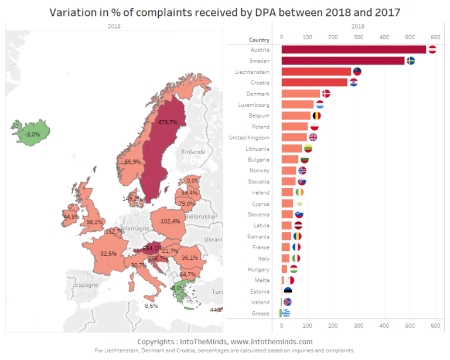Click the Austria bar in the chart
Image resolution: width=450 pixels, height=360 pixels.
click(354, 50)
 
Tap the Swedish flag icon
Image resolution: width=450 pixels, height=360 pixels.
click(411, 60)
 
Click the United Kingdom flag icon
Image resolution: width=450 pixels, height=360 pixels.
click(313, 137)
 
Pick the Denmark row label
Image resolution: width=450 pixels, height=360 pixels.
click(258, 94)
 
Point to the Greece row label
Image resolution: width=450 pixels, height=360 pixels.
click(260, 313)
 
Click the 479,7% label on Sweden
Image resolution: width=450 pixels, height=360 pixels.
click(168, 122)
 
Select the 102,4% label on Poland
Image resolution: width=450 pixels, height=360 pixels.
click(170, 221)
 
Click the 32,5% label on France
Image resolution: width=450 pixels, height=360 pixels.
click(108, 254)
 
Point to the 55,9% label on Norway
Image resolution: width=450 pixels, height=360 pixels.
click(132, 162)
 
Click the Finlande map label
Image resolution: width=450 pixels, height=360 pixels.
click(193, 151)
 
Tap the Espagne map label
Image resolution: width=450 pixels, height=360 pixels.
click(86, 284)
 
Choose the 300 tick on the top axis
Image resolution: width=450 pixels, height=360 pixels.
click(358, 36)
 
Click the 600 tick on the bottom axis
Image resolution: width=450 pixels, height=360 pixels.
click(435, 325)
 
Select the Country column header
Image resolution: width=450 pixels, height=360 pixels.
click(259, 40)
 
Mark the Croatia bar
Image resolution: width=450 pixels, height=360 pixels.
click(315, 83)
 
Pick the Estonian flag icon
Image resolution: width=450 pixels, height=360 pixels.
click(288, 291)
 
